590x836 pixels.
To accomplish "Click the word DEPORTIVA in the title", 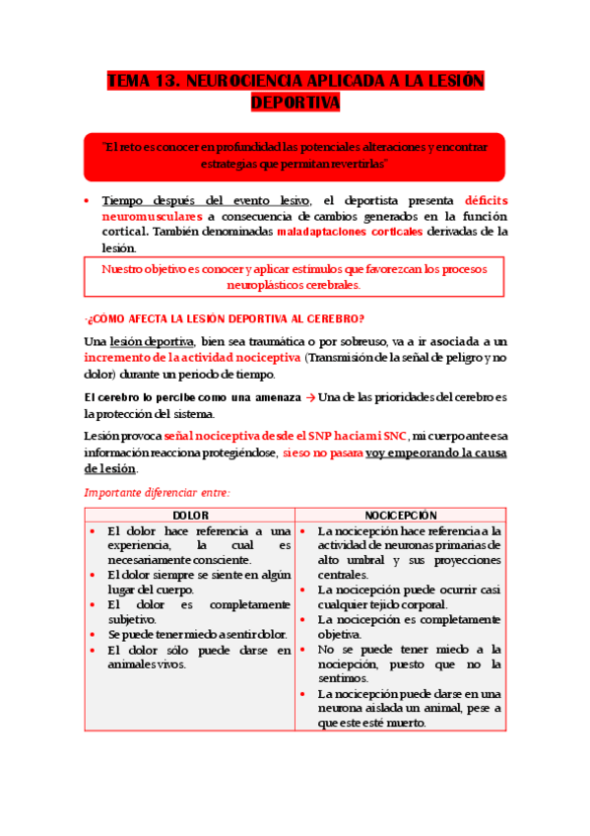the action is coord(295,103).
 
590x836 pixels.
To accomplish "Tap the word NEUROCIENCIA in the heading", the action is coord(246,82).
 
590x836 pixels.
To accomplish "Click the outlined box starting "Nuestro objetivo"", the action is coord(295,276).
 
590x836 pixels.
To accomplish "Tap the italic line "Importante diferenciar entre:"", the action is coord(157,492).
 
